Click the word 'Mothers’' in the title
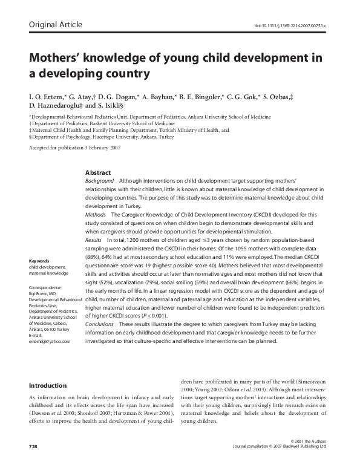pyautogui.click(x=57, y=59)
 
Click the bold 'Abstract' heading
pyautogui.click(x=98, y=172)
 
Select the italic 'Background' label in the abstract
pyautogui.click(x=99, y=181)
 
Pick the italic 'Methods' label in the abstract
pyautogui.click(x=96, y=215)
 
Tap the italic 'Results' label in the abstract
pyautogui.click(x=94, y=240)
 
